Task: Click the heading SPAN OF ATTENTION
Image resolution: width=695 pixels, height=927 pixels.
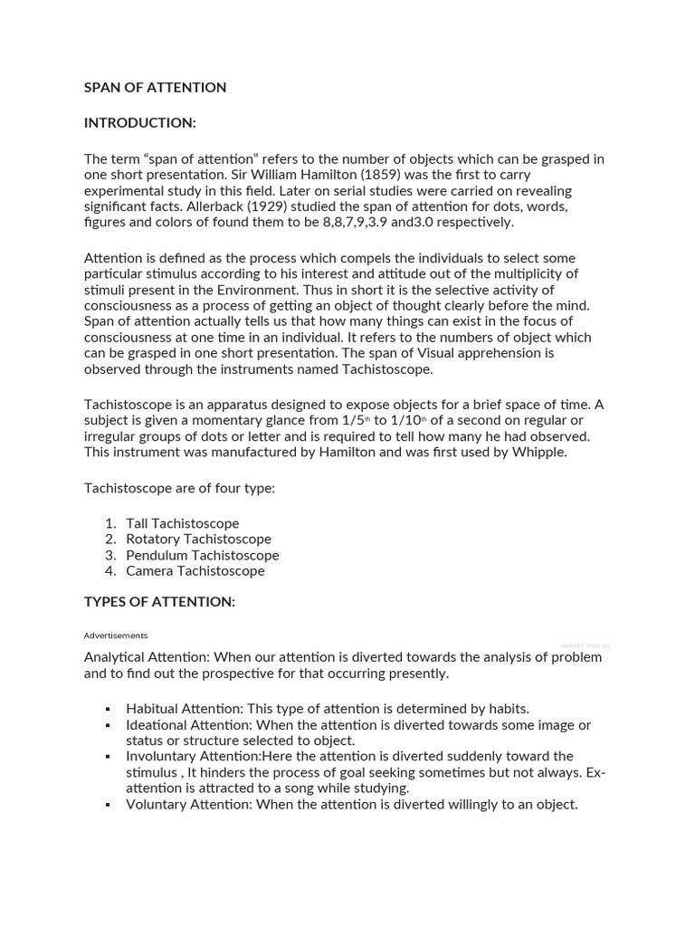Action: (x=155, y=88)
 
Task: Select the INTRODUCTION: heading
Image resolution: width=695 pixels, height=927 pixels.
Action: (x=139, y=122)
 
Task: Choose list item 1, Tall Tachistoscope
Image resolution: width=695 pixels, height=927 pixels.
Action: (x=182, y=523)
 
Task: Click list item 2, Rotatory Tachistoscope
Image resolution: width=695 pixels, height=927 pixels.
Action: (x=198, y=540)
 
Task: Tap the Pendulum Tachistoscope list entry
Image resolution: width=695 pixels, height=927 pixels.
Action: (x=202, y=555)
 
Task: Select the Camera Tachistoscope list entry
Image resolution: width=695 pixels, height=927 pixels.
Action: (x=195, y=571)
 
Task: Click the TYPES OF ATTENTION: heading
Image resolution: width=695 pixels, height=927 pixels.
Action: (x=159, y=602)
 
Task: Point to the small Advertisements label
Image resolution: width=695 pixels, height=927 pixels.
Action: (x=116, y=636)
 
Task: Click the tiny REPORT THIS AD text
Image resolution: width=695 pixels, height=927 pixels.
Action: (x=585, y=645)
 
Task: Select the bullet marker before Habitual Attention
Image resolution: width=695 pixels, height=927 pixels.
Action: (x=108, y=710)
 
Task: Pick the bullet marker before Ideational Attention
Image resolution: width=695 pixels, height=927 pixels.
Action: (x=108, y=726)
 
